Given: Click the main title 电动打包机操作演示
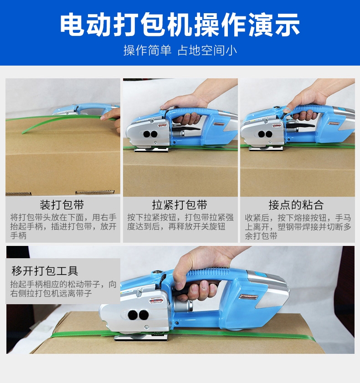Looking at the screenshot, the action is click(180, 25).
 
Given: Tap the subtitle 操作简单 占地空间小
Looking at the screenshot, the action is click(180, 50).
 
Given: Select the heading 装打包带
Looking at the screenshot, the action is click(62, 204).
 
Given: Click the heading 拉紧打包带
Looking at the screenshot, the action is click(180, 204).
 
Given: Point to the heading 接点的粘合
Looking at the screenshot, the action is click(296, 204).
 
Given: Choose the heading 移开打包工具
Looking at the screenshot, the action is click(45, 271).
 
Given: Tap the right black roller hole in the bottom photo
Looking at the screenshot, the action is click(144, 315).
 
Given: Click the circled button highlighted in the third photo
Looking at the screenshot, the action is click(285, 113).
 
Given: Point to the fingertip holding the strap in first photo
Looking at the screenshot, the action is click(103, 118).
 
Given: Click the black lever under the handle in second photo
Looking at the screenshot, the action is click(186, 128).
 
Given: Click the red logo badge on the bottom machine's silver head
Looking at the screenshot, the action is click(156, 300).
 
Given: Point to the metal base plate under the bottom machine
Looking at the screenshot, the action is click(141, 338).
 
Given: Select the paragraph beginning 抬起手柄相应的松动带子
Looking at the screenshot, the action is click(63, 289).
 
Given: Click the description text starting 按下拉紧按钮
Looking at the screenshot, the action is click(180, 222).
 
